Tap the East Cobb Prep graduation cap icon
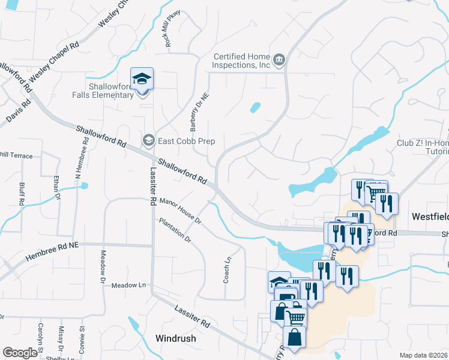[148, 141]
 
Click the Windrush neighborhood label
[175, 338]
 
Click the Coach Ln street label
[228, 270]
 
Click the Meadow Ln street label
[128, 286]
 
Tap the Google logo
[20, 353]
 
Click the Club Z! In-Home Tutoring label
[423, 148]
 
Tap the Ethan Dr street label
[58, 187]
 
